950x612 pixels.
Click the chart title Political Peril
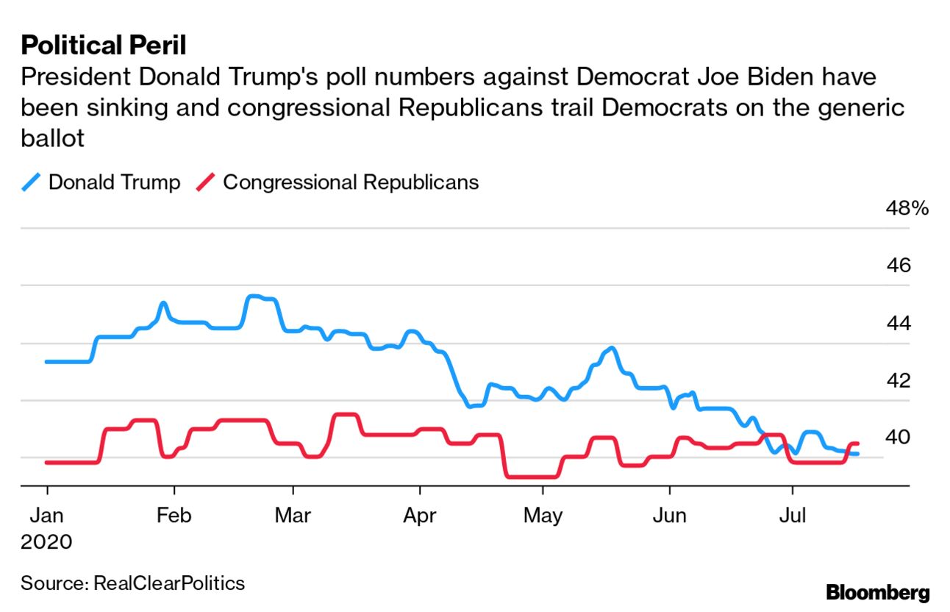[104, 46]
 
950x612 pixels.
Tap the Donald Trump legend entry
[113, 182]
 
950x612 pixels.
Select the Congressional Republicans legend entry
[350, 182]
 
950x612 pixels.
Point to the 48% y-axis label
[907, 208]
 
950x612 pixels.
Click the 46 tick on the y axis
[898, 266]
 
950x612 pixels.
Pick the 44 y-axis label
[898, 323]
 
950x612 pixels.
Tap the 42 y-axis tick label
[898, 380]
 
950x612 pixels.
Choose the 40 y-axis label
[898, 437]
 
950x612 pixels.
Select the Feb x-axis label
[174, 515]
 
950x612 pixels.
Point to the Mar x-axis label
[293, 515]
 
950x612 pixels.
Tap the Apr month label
[420, 515]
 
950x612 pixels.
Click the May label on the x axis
[543, 515]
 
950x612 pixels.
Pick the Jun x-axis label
[670, 515]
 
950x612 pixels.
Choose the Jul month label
[792, 515]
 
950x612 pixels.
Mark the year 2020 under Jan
[46, 543]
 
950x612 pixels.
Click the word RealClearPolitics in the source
[169, 584]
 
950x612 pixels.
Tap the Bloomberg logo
[878, 592]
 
